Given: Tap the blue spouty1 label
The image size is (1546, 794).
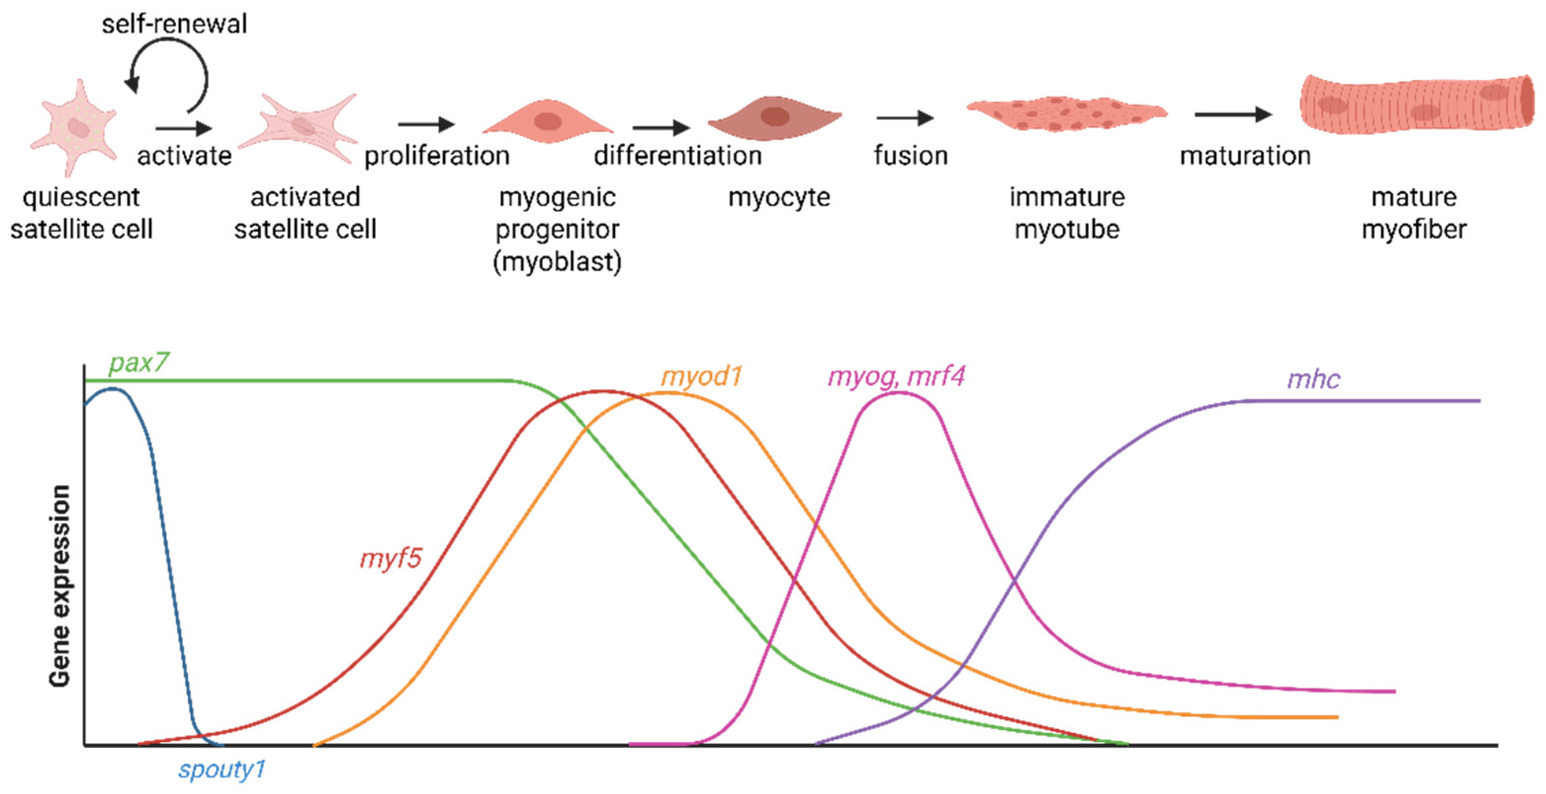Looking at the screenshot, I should pyautogui.click(x=221, y=769).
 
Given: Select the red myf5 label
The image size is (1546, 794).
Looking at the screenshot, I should pyautogui.click(x=390, y=559).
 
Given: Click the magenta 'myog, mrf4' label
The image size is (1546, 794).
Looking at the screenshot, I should pyautogui.click(x=896, y=376).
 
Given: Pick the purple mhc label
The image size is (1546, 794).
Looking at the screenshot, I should pyautogui.click(x=1313, y=379).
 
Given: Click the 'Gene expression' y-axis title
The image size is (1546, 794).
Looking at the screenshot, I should pyautogui.click(x=60, y=586).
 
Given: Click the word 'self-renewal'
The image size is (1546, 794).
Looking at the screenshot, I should pyautogui.click(x=174, y=24).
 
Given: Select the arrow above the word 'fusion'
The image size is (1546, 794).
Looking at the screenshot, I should pyautogui.click(x=904, y=118).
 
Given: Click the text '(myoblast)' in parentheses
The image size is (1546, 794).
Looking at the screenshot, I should pyautogui.click(x=557, y=262).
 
